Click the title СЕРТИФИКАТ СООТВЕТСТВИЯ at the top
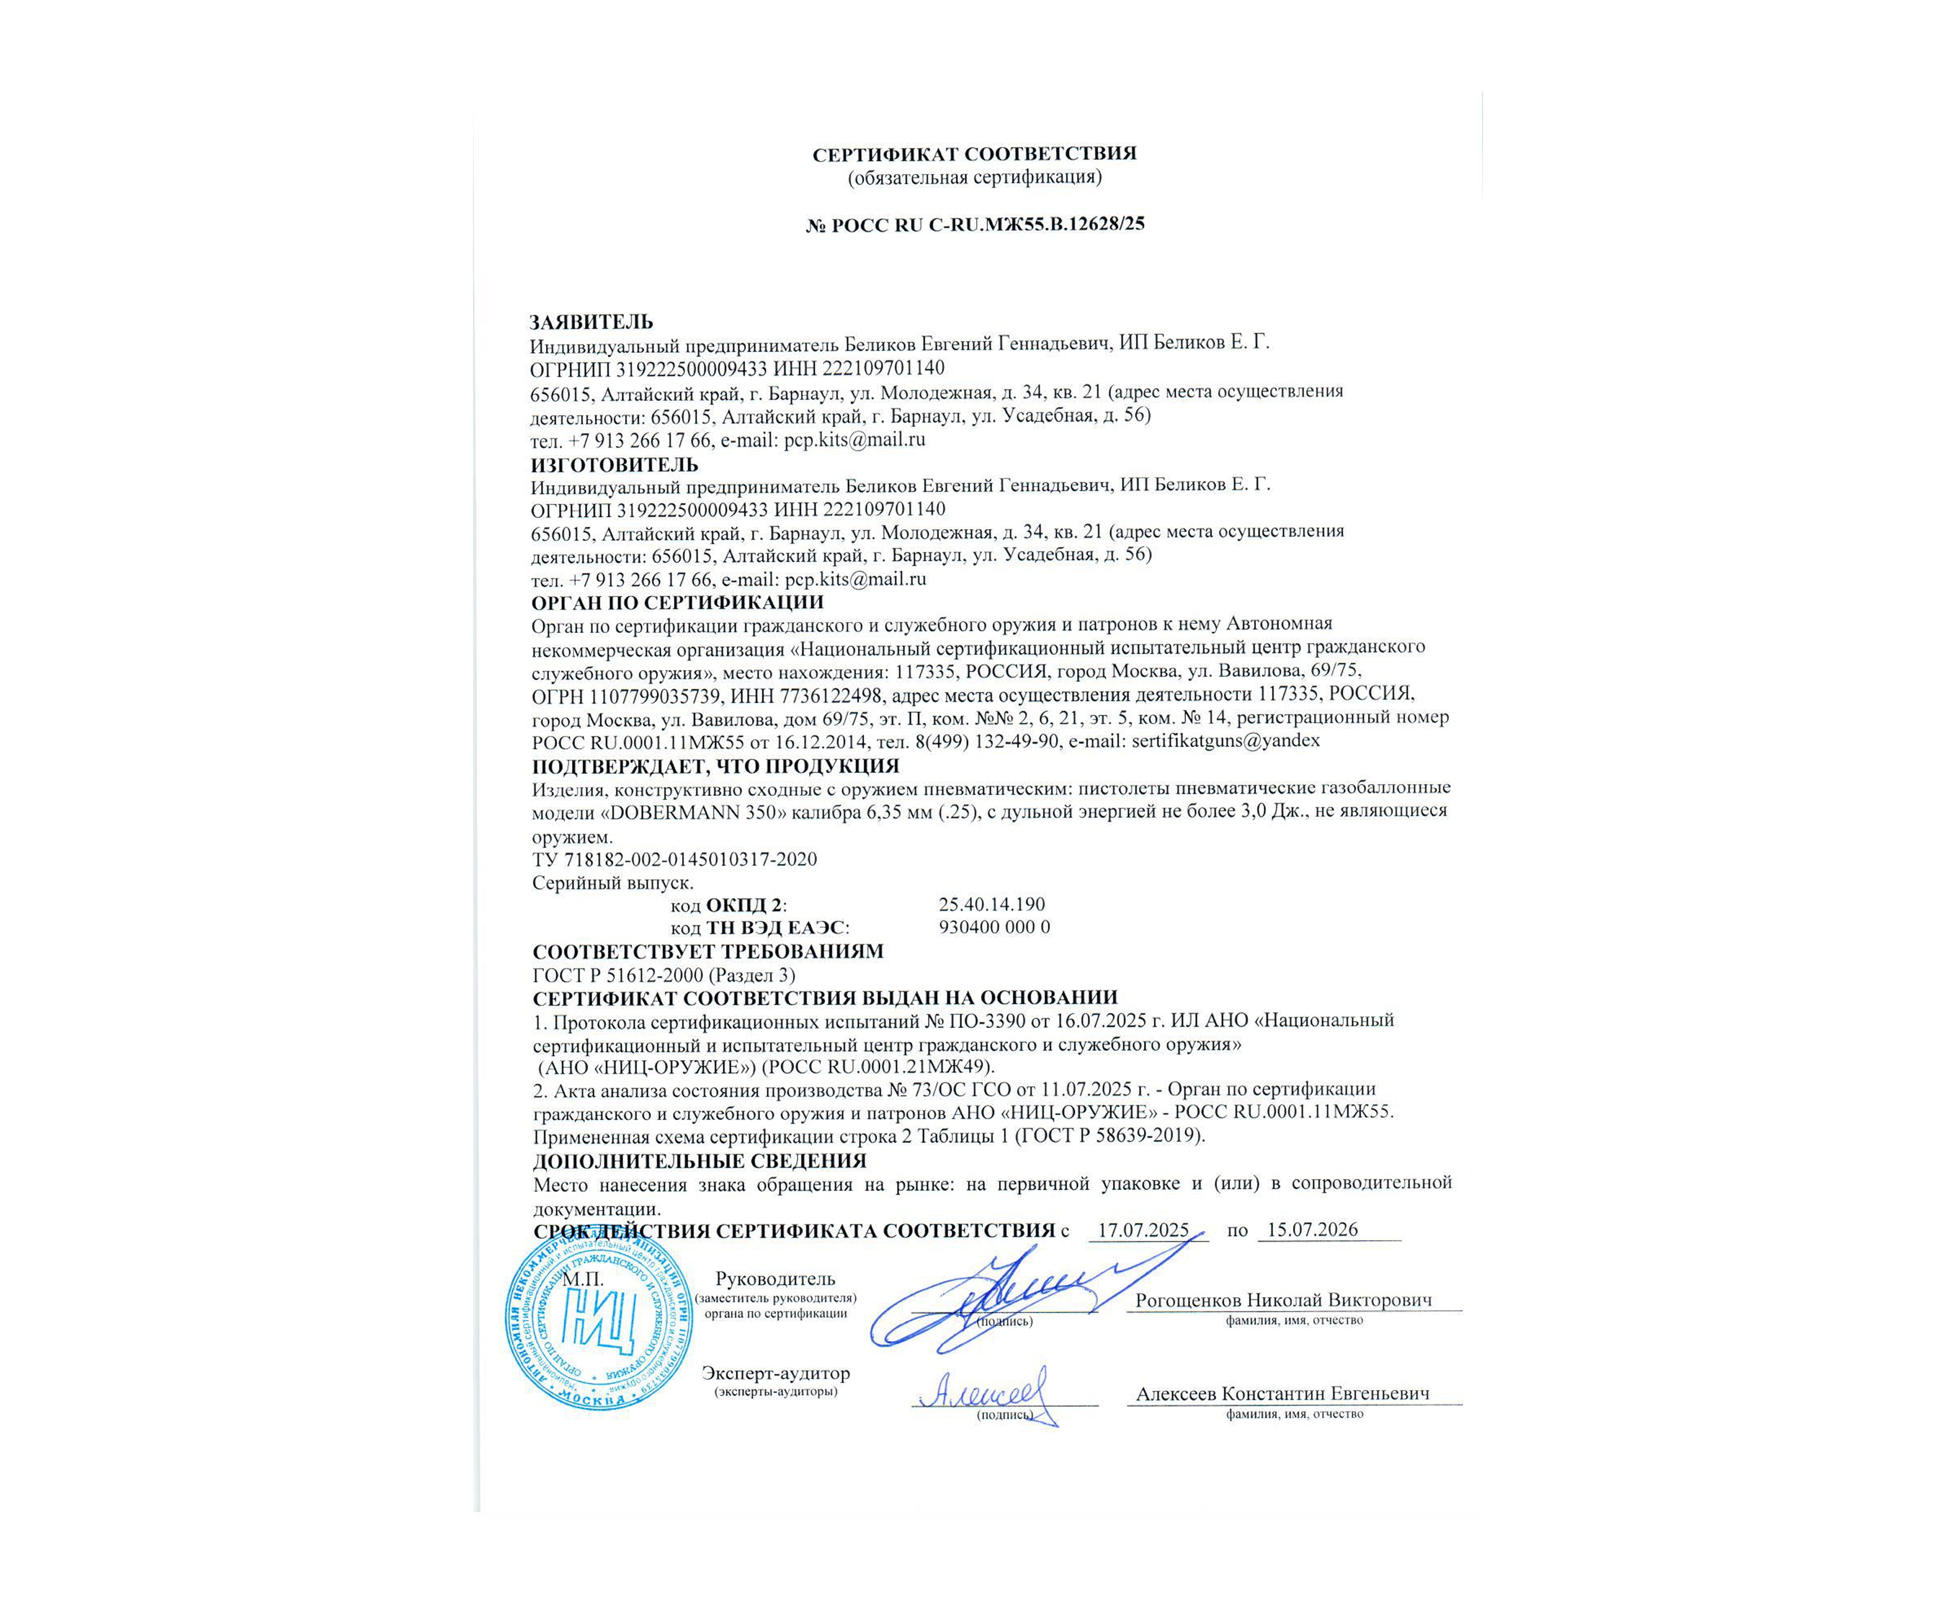[x=974, y=154]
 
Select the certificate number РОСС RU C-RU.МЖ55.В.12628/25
[x=984, y=223]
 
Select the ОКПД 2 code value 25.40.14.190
[x=991, y=904]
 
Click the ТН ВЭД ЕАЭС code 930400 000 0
[x=993, y=927]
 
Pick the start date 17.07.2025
[x=1143, y=1230]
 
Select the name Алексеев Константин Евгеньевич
[x=1283, y=1393]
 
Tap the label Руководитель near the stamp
[x=775, y=1279]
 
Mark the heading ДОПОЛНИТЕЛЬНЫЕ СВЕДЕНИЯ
[x=699, y=1160]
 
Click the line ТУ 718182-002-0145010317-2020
[x=674, y=859]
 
